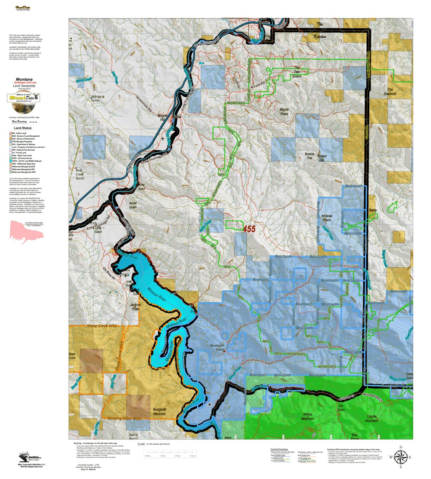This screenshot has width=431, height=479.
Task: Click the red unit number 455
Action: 249,229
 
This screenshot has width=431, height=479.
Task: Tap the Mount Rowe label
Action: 284,112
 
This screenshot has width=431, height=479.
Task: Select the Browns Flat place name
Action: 310,156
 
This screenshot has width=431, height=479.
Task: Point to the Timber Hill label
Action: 322,158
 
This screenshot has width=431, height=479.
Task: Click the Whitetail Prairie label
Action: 327,218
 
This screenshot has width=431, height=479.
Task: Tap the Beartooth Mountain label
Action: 160,412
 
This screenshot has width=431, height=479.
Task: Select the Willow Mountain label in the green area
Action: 308,416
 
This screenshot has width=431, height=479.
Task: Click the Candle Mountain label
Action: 372,418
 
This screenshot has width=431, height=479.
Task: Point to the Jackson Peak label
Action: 136,307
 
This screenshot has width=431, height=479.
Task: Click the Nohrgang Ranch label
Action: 97,99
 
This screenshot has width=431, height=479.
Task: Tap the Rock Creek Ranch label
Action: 80,174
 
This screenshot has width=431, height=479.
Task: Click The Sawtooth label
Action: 390,91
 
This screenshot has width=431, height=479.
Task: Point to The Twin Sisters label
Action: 297,72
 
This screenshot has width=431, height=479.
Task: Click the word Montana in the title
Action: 24,79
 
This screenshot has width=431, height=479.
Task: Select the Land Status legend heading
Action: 23,128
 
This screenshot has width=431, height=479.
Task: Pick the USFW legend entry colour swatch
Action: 11,161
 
